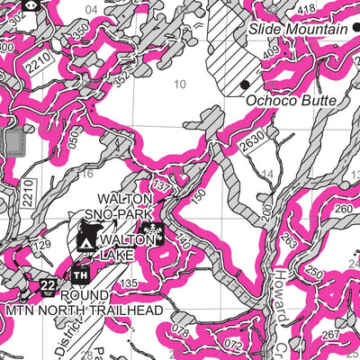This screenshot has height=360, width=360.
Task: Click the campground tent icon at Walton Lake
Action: pyautogui.click(x=87, y=242)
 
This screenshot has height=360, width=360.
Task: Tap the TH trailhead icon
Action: pyautogui.click(x=81, y=274)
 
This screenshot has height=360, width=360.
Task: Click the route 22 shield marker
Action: pyautogui.click(x=48, y=286)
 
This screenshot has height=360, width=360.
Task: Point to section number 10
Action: pyautogui.click(x=180, y=85)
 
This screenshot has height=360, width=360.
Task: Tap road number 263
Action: pyautogui.click(x=287, y=239)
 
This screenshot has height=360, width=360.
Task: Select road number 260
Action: pyautogui.click(x=343, y=209)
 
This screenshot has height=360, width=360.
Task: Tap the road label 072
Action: pyautogui.click(x=233, y=346)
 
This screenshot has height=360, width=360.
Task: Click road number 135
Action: pyautogui.click(x=128, y=283)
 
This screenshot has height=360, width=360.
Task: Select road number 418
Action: pyautogui.click(x=307, y=8)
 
